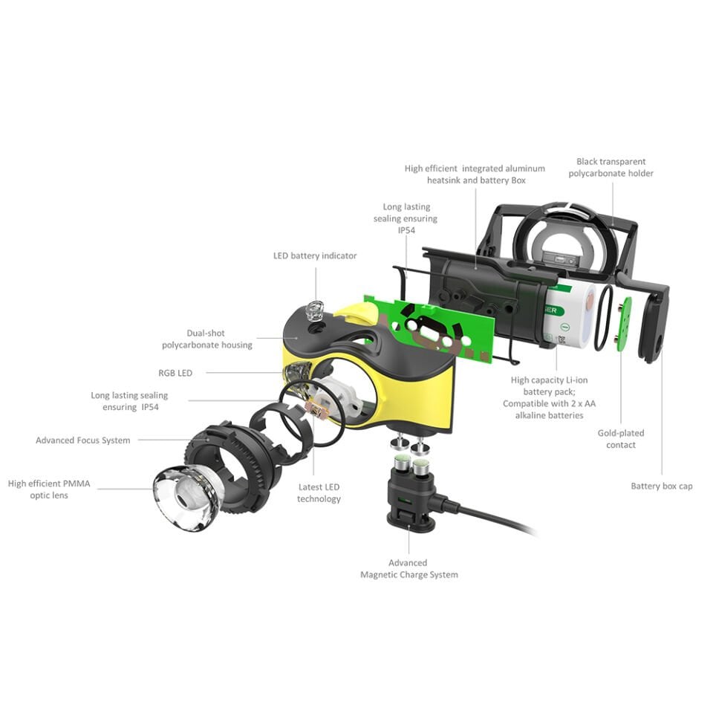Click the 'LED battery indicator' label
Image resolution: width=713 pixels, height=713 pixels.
point(315,255)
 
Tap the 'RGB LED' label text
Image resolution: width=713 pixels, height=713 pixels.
point(175,373)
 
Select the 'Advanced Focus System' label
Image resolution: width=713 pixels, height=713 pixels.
point(82,440)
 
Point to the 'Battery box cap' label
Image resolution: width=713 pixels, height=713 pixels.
point(662,486)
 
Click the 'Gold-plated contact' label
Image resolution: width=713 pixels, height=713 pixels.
point(621,439)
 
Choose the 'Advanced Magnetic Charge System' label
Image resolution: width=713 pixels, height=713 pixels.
point(408,568)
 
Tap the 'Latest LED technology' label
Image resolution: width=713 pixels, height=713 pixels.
point(319,493)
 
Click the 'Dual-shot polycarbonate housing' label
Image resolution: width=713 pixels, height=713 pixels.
point(207,339)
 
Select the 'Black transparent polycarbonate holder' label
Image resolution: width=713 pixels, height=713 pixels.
point(611,167)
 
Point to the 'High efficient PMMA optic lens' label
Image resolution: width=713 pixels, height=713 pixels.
point(49,489)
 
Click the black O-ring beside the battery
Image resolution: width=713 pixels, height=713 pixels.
point(603,319)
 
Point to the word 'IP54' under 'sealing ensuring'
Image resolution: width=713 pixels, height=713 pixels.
point(406,230)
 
